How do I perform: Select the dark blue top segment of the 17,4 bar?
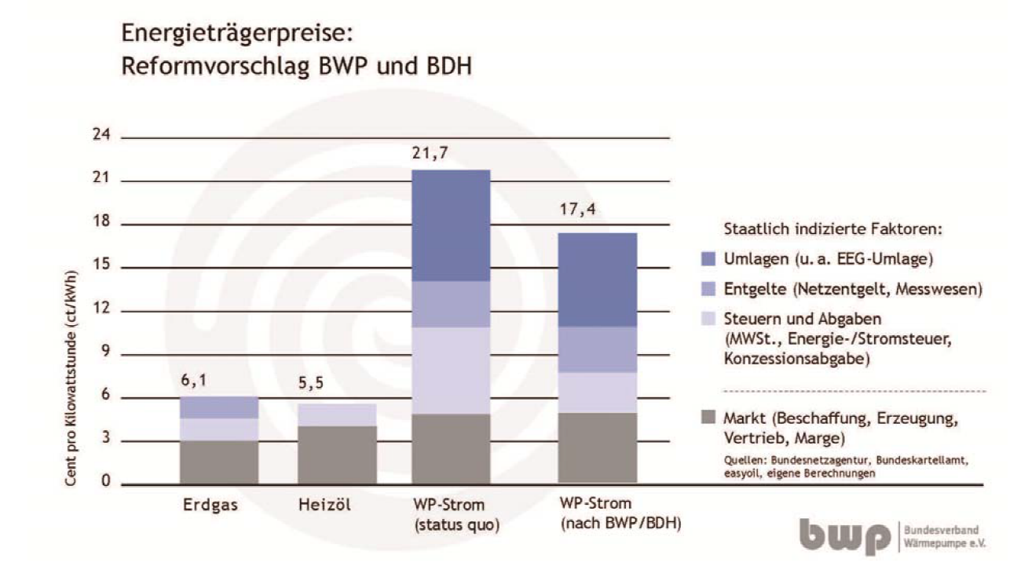[596, 280]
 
